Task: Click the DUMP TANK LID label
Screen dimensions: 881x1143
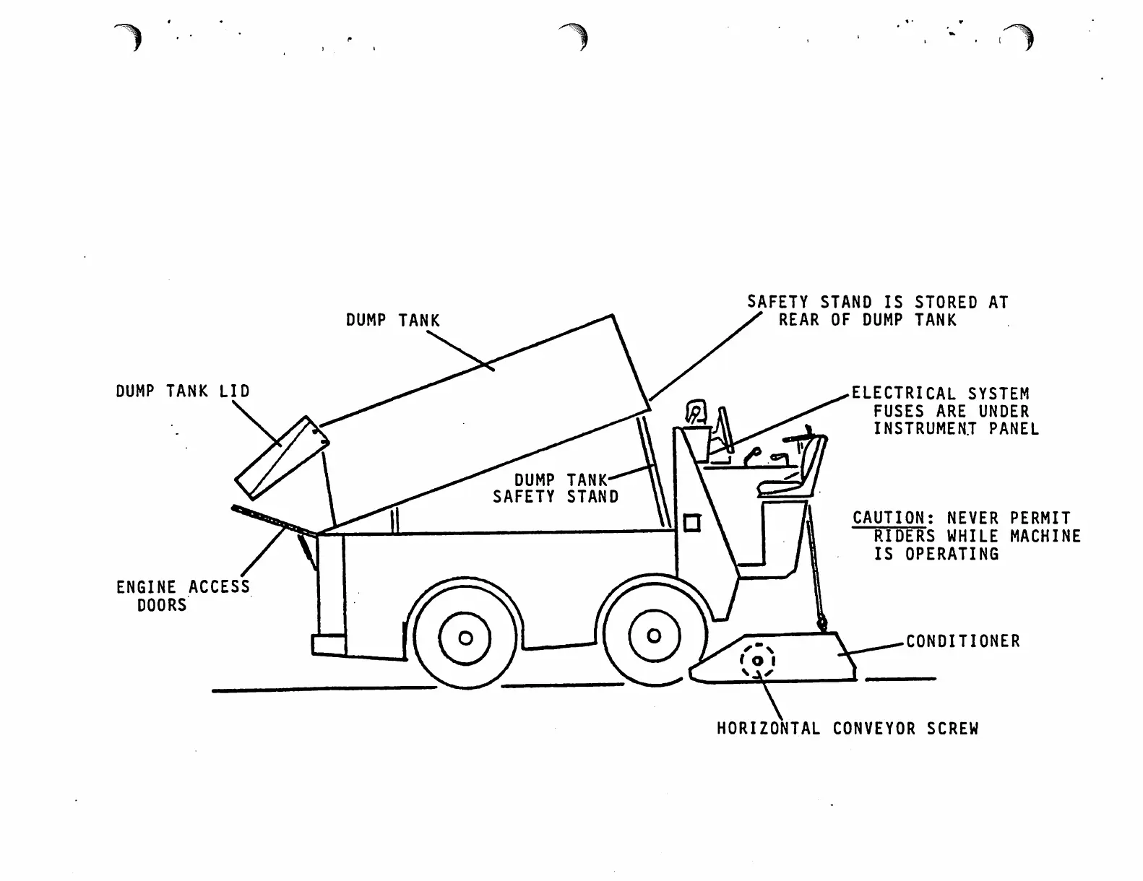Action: [183, 391]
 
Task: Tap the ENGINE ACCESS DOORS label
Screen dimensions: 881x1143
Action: [183, 596]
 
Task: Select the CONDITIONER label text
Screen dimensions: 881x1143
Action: [963, 641]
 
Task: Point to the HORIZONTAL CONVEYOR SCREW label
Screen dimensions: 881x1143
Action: [847, 729]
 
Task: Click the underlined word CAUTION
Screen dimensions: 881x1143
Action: [889, 518]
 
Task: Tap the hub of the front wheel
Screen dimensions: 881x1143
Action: [654, 635]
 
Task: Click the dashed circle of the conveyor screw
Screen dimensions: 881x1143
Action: [757, 661]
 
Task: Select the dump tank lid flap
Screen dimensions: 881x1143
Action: [282, 457]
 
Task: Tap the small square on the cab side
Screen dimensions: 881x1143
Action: [691, 522]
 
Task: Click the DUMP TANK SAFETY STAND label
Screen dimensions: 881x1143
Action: [556, 489]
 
